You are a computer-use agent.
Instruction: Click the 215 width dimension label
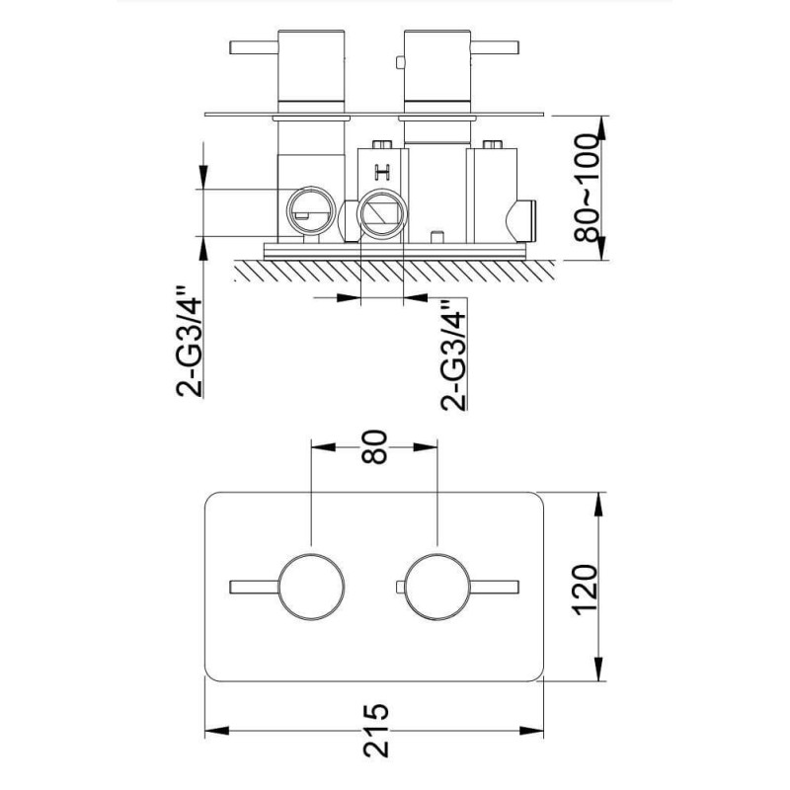(376, 730)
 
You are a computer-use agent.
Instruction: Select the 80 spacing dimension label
(374, 446)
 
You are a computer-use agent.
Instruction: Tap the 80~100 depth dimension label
(588, 188)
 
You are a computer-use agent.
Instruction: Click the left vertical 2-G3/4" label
(189, 342)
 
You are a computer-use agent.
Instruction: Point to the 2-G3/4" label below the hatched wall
(453, 355)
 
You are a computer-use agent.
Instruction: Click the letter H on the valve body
(383, 172)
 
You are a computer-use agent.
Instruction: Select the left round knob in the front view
(311, 587)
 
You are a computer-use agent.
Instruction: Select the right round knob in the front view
(437, 587)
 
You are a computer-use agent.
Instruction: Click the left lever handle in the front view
(255, 587)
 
